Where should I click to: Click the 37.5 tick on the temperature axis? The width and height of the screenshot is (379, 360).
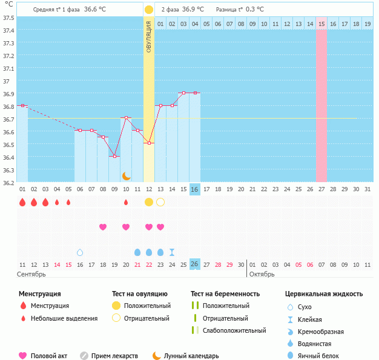pyautogui.click(x=8, y=18)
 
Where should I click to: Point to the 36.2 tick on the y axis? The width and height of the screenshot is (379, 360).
pyautogui.click(x=8, y=183)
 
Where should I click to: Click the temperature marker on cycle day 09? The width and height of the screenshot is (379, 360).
pyautogui.click(x=115, y=156)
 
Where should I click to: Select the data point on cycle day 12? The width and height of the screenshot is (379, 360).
pyautogui.click(x=149, y=143)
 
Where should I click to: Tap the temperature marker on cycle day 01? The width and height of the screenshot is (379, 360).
pyautogui.click(x=22, y=106)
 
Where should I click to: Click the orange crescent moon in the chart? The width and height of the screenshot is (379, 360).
pyautogui.click(x=126, y=176)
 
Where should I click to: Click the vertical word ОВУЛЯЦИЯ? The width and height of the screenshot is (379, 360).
pyautogui.click(x=149, y=37)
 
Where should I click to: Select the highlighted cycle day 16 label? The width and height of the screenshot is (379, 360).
pyautogui.click(x=194, y=189)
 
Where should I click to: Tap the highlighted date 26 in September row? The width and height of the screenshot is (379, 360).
pyautogui.click(x=194, y=264)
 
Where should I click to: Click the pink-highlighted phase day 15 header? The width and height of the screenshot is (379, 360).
pyautogui.click(x=321, y=24)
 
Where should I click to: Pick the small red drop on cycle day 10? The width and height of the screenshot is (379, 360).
pyautogui.click(x=126, y=202)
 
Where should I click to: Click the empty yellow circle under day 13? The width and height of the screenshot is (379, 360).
pyautogui.click(x=160, y=202)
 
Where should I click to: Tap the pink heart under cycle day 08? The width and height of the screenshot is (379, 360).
pyautogui.click(x=103, y=227)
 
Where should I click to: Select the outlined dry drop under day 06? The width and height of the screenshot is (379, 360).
pyautogui.click(x=80, y=252)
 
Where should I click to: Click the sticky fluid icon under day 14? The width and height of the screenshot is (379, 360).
pyautogui.click(x=172, y=252)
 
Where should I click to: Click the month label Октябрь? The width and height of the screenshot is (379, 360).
pyautogui.click(x=262, y=275)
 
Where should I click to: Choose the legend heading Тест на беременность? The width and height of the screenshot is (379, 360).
pyautogui.click(x=225, y=294)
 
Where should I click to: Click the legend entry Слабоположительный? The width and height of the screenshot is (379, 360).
pyautogui.click(x=234, y=330)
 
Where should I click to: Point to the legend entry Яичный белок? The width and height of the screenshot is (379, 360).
pyautogui.click(x=318, y=356)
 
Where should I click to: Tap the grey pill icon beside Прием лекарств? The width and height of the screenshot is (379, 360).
pyautogui.click(x=84, y=356)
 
